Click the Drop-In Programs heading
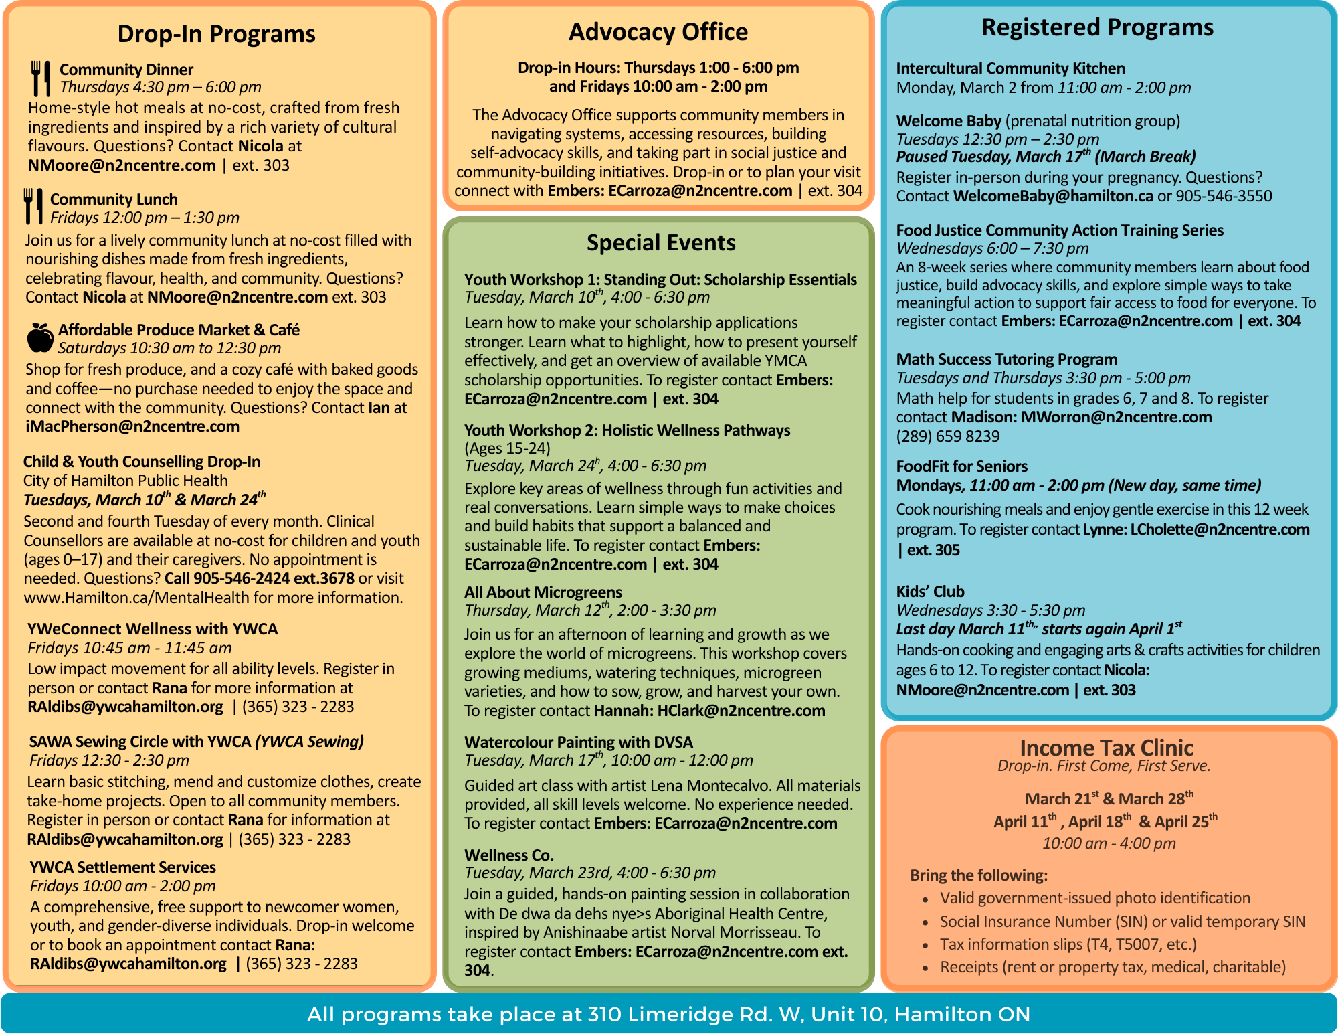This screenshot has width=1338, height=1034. tap(216, 33)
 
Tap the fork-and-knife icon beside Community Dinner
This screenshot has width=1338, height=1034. tap(41, 78)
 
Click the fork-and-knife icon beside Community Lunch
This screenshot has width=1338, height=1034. tap(33, 206)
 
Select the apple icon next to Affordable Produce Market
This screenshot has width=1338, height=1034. tap(40, 338)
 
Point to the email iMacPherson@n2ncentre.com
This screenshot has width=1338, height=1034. tap(132, 427)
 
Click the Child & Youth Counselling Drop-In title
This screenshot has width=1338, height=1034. tap(142, 462)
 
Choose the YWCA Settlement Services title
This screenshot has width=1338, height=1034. tap(122, 867)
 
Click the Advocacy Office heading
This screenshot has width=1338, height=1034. tap(658, 32)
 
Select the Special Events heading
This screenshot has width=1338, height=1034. tap(661, 242)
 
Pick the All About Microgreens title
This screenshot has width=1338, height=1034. tap(543, 592)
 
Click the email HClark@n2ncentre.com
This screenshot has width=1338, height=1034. tap(741, 711)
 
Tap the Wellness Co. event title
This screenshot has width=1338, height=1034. tap(509, 855)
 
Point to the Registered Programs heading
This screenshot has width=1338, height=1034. tap(1097, 27)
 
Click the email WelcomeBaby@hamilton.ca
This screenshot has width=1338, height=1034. tap(1053, 196)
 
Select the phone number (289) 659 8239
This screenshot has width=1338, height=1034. tap(948, 436)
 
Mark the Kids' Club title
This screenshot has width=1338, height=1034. tap(930, 592)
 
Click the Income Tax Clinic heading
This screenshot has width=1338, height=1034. tap(1107, 748)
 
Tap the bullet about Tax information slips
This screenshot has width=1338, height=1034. tap(1068, 944)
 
